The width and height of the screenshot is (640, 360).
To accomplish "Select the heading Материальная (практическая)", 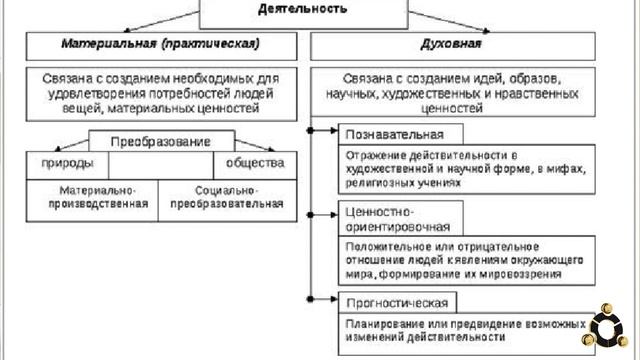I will click(159, 45).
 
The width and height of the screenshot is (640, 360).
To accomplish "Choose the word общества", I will click(255, 162).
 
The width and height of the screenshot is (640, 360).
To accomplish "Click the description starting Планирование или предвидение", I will click(462, 332).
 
